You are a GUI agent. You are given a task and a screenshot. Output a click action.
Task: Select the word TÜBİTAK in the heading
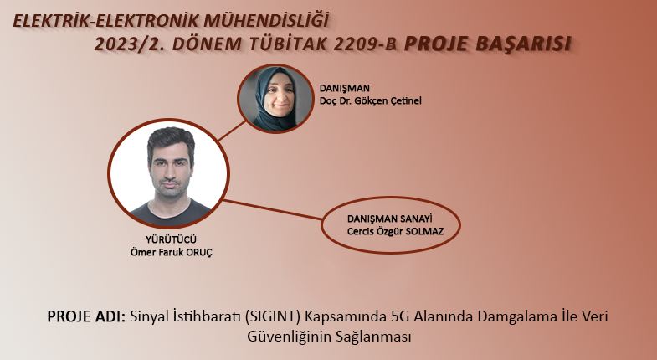coord(287,44)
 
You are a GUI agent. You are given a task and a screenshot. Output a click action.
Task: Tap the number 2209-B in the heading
coord(365,44)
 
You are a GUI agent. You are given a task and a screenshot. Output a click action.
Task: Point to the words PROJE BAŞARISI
coord(488,44)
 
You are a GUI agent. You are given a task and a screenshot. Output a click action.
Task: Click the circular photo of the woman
coord(275,99)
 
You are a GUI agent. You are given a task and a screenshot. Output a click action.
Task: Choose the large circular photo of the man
coord(169,173)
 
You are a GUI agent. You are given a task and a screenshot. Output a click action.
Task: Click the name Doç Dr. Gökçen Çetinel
coord(371,100)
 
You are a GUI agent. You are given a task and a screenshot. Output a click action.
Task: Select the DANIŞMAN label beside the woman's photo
coord(345,88)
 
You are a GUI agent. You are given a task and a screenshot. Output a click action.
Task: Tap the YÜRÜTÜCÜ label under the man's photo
coord(171,239)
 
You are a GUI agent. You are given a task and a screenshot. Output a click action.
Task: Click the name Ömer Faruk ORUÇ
coord(172,252)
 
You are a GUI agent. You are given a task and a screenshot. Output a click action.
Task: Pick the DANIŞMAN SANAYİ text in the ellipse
coord(390,219)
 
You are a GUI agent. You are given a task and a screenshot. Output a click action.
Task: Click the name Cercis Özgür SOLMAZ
coord(395,231)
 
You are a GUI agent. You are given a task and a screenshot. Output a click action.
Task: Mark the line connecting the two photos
coord(232,131)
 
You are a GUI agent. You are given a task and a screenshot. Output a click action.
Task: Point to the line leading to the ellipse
coord(272,209)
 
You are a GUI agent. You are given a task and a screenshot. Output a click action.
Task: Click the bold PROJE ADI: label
coord(86,316)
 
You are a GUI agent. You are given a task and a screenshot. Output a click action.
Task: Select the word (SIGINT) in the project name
coord(273,316)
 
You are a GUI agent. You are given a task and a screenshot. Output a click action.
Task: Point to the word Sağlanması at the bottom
coord(373,337)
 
